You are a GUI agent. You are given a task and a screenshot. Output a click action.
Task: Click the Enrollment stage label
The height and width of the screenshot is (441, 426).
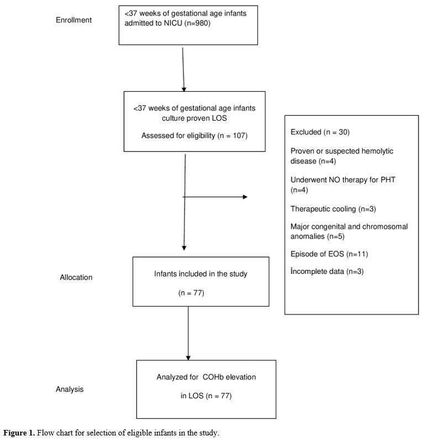(73, 20)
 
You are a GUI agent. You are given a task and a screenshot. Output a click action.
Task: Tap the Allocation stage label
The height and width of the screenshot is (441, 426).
(76, 277)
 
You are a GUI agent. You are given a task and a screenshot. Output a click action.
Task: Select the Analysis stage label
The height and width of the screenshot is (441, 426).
(70, 389)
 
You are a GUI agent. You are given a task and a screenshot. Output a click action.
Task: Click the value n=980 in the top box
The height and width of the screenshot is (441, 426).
(197, 23)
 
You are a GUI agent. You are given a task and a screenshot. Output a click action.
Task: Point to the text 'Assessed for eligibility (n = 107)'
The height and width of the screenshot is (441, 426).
(194, 136)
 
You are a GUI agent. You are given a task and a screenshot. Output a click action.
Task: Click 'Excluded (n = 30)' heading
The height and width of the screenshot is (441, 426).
(320, 132)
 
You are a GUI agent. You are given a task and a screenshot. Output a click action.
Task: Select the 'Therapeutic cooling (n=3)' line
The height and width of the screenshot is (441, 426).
(333, 209)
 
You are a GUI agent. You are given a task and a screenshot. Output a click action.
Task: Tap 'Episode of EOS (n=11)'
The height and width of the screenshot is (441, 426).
(329, 254)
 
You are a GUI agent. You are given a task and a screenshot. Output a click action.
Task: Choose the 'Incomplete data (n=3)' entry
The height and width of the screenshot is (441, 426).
(327, 272)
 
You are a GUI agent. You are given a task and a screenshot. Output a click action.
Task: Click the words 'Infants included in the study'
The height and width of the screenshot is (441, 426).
(201, 274)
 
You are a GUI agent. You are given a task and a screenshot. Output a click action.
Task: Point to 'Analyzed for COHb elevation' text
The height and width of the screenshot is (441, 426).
(206, 377)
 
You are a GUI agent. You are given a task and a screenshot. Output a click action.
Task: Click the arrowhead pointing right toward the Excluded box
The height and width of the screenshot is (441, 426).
(245, 197)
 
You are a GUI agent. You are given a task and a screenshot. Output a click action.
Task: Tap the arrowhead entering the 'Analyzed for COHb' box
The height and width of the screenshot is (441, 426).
(188, 358)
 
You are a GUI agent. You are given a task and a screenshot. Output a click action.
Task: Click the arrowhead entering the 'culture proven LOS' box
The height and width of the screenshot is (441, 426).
(184, 90)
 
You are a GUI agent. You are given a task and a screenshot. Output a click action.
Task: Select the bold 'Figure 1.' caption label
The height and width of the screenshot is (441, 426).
(19, 433)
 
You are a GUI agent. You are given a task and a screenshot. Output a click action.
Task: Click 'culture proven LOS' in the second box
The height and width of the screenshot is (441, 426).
(194, 118)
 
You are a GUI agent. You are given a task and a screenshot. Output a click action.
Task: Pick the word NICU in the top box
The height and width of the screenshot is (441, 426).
(173, 23)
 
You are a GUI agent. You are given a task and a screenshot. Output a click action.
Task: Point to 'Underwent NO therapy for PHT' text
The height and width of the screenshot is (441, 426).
(343, 180)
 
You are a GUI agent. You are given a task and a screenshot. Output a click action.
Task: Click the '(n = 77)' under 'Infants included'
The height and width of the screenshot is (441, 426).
(191, 293)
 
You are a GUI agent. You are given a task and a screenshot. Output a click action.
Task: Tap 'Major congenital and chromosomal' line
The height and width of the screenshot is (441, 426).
(349, 227)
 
